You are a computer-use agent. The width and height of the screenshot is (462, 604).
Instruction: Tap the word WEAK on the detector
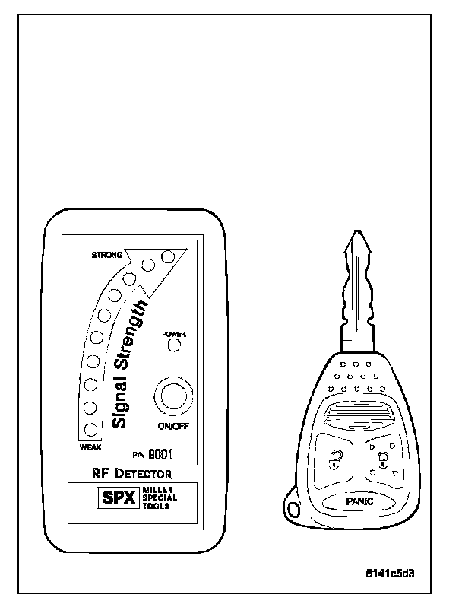[90, 447]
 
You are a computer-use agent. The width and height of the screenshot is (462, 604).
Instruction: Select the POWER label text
[174, 334]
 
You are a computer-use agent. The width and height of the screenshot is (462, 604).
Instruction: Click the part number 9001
[160, 456]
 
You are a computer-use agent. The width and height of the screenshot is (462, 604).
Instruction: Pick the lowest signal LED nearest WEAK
[90, 431]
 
